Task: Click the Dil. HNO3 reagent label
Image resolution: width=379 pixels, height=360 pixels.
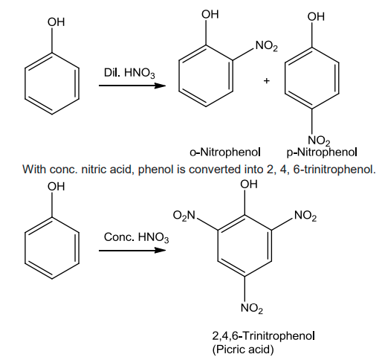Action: coord(129,73)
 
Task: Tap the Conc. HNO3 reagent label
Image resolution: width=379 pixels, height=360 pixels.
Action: coord(137,237)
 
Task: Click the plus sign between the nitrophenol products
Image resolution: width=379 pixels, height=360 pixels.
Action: coord(266,81)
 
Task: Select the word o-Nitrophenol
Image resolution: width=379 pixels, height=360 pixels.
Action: coord(225,152)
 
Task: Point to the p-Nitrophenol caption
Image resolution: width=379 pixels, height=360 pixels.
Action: coord(322,152)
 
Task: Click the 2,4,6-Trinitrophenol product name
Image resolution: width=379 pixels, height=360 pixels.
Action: coord(264,336)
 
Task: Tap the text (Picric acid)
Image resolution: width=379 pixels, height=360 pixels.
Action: coord(243,350)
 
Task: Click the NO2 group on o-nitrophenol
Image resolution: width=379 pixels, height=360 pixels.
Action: coord(267,46)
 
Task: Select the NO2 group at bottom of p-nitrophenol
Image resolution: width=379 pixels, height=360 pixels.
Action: coord(320,141)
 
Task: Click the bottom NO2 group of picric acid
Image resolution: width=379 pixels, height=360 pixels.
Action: coord(252,308)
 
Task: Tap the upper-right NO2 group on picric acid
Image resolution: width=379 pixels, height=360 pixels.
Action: coord(305,216)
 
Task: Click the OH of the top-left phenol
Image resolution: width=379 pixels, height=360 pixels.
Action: coord(56,22)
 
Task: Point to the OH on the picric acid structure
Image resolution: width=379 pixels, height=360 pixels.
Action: coord(249,184)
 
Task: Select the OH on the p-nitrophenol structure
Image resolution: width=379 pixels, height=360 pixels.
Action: coord(316,16)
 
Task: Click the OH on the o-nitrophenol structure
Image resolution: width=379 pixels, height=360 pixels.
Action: coord(210,14)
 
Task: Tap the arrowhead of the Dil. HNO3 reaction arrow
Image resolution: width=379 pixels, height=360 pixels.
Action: coord(160,86)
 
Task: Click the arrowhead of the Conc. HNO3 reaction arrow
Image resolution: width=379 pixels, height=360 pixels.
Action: coord(160,251)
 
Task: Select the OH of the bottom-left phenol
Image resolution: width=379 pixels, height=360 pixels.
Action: coord(56,187)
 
